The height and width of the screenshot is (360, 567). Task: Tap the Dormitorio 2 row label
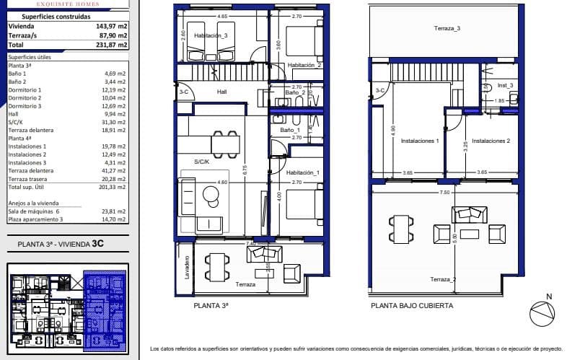coord(25,97)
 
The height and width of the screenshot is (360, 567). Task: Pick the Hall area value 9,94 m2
coord(116,113)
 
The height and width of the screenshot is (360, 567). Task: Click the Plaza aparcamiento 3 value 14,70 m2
coord(115,219)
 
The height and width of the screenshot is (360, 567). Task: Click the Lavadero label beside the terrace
coord(186,268)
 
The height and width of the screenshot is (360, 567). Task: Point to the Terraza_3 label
coord(447,28)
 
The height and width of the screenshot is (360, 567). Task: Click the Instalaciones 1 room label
coord(420,141)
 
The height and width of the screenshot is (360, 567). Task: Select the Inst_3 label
coord(505,85)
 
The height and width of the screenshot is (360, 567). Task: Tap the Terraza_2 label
coord(444,280)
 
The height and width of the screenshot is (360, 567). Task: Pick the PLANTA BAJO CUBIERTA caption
coord(412,306)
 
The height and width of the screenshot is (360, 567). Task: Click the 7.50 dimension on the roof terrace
coord(444,193)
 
